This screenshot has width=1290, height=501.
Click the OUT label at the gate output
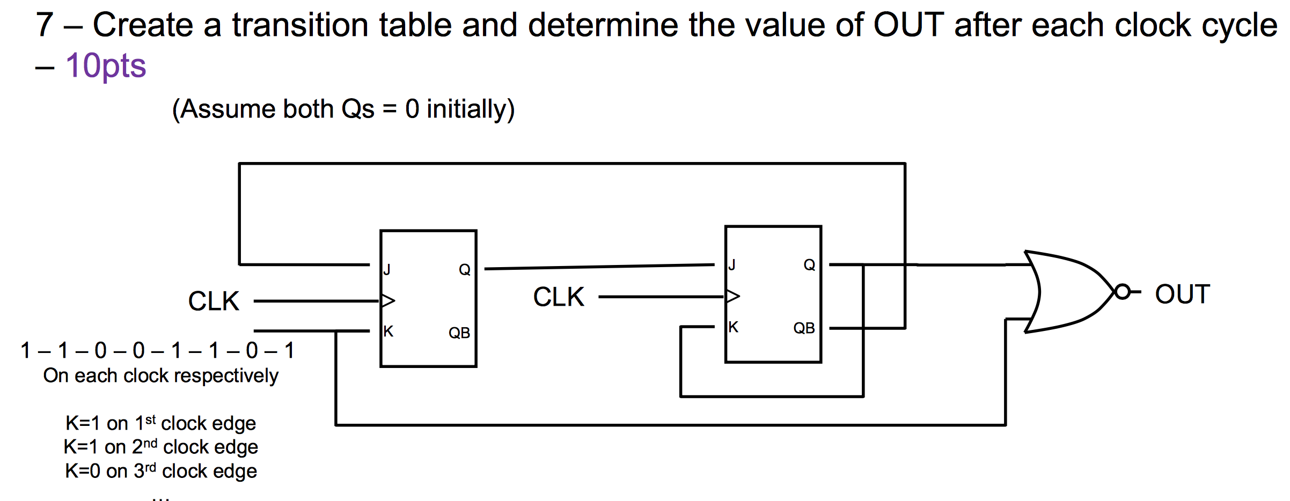click(1182, 294)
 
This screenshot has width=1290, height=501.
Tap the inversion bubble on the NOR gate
click(1122, 292)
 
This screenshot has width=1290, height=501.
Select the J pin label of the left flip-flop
click(387, 269)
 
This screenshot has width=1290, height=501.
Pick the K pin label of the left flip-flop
click(389, 331)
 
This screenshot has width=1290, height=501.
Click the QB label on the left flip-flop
click(459, 333)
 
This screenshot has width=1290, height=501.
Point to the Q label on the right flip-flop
click(809, 265)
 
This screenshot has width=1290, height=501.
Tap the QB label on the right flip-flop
click(804, 328)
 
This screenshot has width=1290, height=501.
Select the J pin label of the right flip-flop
click(732, 265)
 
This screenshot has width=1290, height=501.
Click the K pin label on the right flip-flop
click(734, 327)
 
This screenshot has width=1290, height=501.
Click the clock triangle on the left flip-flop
click(387, 300)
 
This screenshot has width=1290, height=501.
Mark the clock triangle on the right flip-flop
click(732, 296)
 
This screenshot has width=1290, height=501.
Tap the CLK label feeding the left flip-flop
click(214, 301)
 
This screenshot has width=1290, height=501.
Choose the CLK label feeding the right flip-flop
click(559, 297)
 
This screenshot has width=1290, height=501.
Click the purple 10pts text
click(106, 66)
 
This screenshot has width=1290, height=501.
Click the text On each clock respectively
click(160, 375)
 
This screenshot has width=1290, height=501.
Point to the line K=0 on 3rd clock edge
click(160, 471)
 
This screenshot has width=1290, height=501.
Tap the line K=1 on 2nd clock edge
click(160, 447)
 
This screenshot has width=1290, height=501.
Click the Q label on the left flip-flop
click(465, 270)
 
